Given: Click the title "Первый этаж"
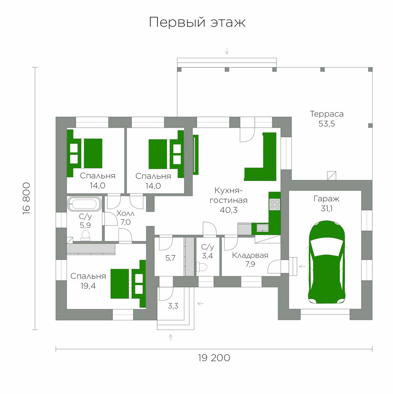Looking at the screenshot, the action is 197,22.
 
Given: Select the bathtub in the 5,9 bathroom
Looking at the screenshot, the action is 85,204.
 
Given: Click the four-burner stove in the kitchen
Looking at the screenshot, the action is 275,205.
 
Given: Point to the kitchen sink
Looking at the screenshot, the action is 263,228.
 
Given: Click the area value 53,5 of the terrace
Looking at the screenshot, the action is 327,124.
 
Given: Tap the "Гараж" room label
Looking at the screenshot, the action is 326,199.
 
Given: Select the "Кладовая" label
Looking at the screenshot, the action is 250,255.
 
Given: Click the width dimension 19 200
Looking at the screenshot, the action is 214,358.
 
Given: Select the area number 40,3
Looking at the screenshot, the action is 229,210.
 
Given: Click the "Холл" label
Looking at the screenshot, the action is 126,214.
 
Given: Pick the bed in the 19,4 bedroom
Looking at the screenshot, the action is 128,284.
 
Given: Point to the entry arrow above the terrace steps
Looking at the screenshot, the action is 227,51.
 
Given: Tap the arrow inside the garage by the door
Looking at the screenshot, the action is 302,267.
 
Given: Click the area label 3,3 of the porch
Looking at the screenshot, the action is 173,306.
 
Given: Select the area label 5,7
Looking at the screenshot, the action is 170,258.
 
